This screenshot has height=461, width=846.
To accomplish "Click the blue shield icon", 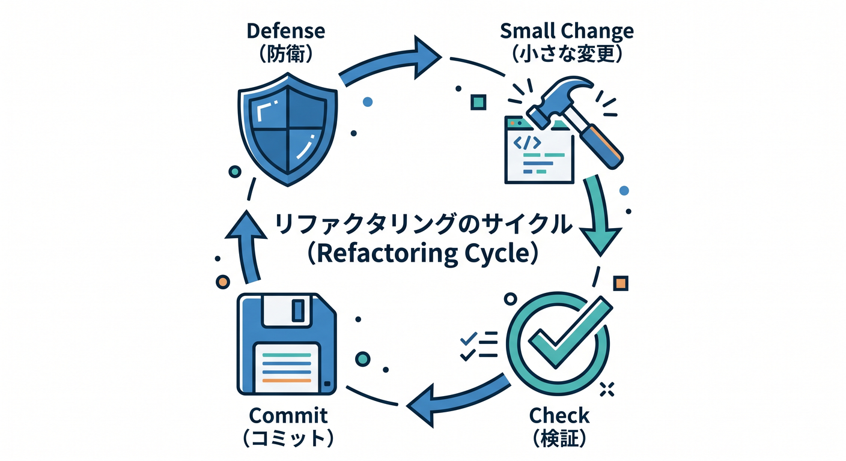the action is (x=287, y=130).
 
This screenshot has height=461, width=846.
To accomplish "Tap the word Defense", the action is (x=286, y=31).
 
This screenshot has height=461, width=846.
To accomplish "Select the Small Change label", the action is (x=567, y=32).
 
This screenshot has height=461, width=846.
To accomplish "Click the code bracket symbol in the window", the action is (x=527, y=143).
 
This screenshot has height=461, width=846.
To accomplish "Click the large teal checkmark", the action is (x=570, y=332).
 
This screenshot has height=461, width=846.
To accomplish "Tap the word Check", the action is (x=559, y=416).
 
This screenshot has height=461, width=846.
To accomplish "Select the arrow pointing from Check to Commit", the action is (x=459, y=400).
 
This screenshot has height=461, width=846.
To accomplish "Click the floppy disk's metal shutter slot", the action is (x=298, y=310).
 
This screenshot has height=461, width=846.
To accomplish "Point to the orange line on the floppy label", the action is (x=287, y=381).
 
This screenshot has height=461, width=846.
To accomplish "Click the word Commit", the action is (x=288, y=416).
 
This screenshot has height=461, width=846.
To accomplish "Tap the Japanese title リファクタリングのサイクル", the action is (x=424, y=224).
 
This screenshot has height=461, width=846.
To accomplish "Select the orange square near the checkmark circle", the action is (x=621, y=283).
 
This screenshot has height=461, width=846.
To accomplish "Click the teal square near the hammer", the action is (x=478, y=102).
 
